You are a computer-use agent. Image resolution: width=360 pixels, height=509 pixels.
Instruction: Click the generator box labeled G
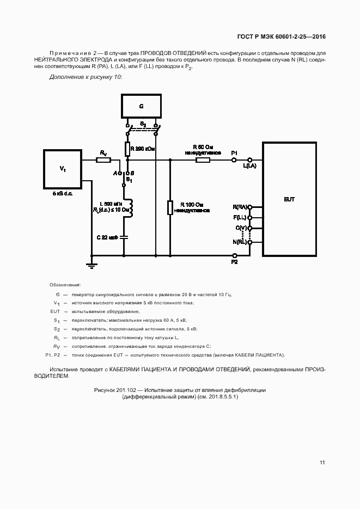click(x=142, y=106)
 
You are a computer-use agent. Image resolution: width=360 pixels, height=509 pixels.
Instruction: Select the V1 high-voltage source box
click(x=63, y=169)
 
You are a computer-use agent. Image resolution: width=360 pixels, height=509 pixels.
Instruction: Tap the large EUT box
click(x=289, y=199)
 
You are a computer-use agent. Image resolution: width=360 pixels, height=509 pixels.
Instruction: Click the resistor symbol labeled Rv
click(x=103, y=160)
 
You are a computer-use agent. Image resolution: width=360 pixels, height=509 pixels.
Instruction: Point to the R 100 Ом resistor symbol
click(x=170, y=208)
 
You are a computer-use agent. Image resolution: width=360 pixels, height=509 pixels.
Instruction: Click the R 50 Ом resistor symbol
click(x=203, y=160)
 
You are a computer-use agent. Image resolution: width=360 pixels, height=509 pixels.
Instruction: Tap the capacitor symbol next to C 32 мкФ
click(x=124, y=237)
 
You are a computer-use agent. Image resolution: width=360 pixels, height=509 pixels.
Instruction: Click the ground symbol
click(x=91, y=265)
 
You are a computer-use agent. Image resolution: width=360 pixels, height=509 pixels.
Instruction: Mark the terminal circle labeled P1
click(x=235, y=160)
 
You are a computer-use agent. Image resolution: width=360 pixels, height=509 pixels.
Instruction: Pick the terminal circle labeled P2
click(x=235, y=255)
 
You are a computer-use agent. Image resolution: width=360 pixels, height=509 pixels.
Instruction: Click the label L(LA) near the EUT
click(x=250, y=166)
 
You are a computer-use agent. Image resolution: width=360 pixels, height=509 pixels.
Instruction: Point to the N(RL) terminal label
click(x=240, y=241)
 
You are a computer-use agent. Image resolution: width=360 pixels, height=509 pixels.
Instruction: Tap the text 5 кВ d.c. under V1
click(x=63, y=194)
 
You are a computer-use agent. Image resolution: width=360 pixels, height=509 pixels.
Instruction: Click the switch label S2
click(x=143, y=125)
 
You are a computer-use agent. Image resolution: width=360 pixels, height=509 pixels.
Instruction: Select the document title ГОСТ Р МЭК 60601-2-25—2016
click(x=281, y=37)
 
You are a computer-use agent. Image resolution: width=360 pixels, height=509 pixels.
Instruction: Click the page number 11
click(x=322, y=463)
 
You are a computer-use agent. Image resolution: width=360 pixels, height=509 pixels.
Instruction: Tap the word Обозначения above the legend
click(x=65, y=285)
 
